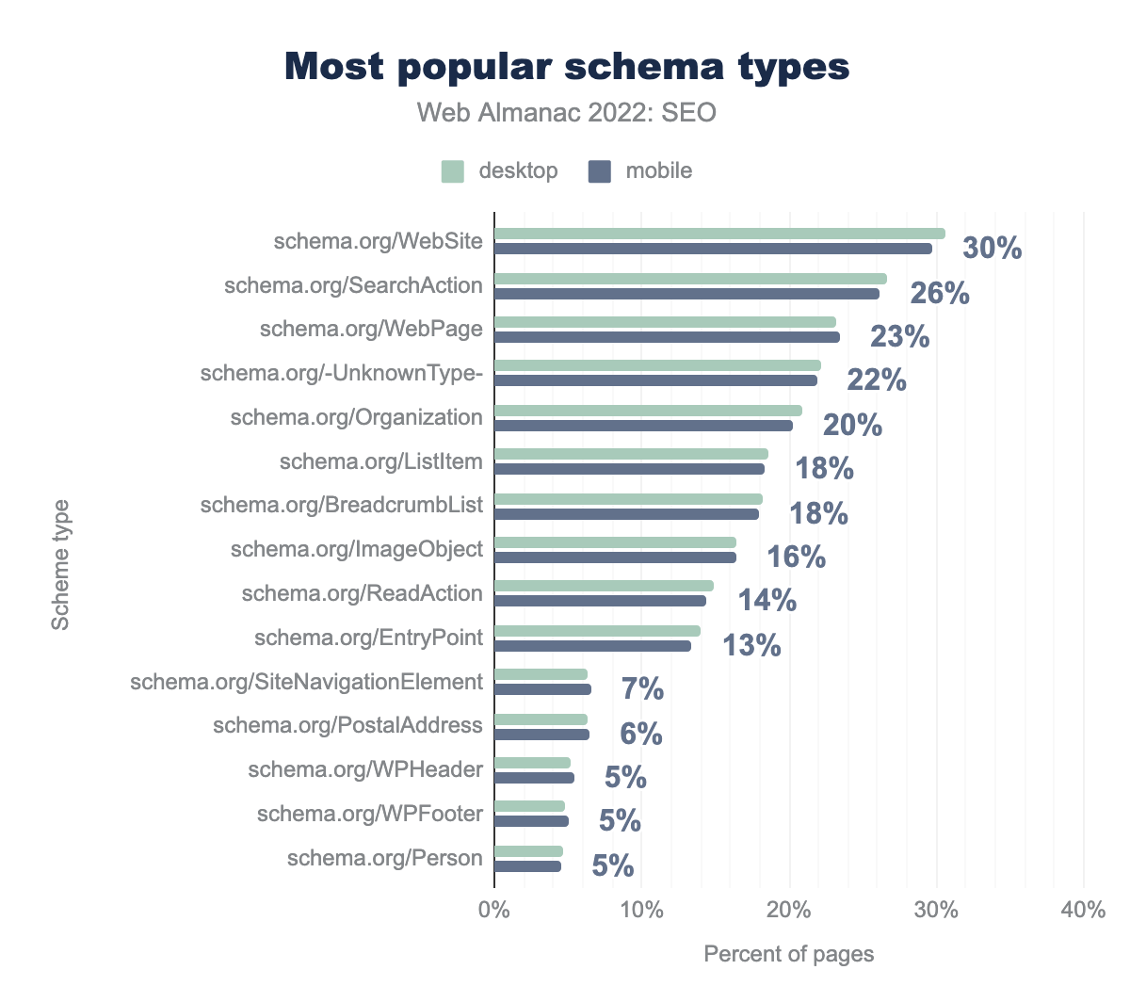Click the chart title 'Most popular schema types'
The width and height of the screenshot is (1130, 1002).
click(567, 68)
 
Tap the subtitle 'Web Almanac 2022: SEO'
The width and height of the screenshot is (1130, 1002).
click(567, 114)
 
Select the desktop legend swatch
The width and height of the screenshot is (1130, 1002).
click(453, 171)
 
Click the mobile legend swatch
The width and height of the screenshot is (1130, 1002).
click(600, 171)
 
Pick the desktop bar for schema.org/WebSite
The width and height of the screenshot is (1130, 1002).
click(719, 234)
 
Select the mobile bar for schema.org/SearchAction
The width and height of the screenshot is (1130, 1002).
click(686, 294)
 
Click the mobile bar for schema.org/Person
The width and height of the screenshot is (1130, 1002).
click(527, 866)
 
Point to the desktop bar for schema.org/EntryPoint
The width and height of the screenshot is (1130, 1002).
click(597, 631)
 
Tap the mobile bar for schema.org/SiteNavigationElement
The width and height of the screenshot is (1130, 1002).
click(542, 689)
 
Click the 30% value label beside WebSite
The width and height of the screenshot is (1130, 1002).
click(992, 249)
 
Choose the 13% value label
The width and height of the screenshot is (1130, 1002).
click(751, 645)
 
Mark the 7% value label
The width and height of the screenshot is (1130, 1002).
click(642, 689)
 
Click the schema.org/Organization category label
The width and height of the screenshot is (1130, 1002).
click(356, 417)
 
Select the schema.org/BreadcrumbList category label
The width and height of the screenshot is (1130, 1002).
click(341, 505)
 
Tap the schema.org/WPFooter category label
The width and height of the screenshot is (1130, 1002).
click(369, 813)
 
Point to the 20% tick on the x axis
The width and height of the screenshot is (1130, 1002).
click(789, 911)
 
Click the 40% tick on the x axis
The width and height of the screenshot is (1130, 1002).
click(1083, 911)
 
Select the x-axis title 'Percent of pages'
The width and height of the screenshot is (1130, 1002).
click(789, 954)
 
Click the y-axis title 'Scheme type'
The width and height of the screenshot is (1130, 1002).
click(61, 565)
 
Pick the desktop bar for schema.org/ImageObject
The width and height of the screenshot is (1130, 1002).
click(615, 542)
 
